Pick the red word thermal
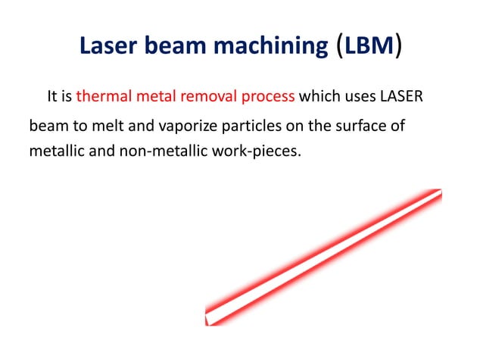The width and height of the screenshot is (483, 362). click(101, 97)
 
